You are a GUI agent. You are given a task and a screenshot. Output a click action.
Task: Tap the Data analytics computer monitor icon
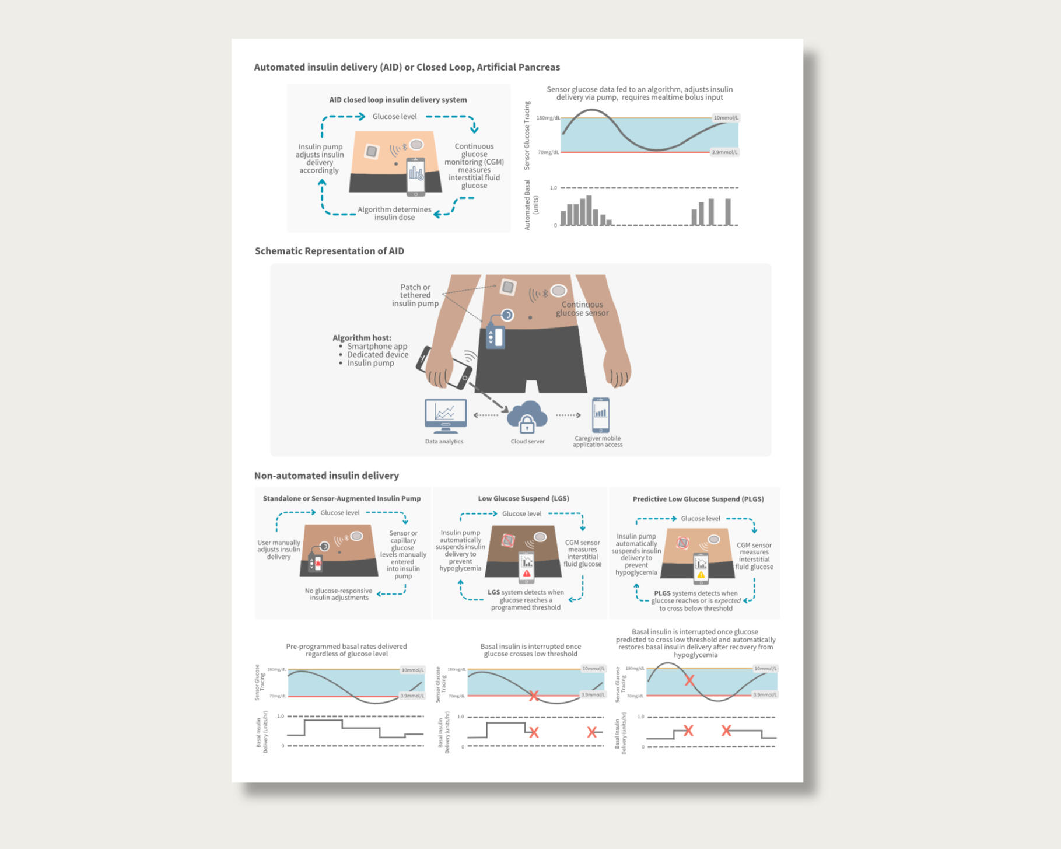pyautogui.click(x=446, y=414)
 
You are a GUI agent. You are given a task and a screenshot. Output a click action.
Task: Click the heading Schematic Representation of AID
pyautogui.click(x=329, y=251)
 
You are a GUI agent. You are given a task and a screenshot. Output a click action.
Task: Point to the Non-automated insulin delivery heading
pyautogui.click(x=326, y=476)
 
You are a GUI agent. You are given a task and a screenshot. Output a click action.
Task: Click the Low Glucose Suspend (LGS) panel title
pyautogui.click(x=523, y=498)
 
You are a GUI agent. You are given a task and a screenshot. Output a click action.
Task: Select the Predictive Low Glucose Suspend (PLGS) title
pyautogui.click(x=698, y=499)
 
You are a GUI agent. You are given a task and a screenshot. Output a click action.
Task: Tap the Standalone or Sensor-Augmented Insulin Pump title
pyautogui.click(x=341, y=498)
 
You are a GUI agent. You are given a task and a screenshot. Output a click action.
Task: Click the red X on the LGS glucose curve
pyautogui.click(x=533, y=696)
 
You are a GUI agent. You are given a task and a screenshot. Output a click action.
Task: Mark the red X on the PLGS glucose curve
pyautogui.click(x=689, y=680)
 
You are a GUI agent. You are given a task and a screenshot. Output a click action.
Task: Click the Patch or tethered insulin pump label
pyautogui.click(x=415, y=295)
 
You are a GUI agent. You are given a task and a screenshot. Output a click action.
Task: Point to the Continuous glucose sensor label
pyautogui.click(x=582, y=309)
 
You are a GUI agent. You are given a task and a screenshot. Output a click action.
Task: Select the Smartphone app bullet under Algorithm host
pyautogui.click(x=377, y=346)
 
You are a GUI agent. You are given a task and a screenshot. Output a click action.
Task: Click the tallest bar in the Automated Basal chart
pyautogui.click(x=589, y=210)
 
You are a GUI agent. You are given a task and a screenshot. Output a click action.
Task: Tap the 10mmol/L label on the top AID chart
pyautogui.click(x=726, y=117)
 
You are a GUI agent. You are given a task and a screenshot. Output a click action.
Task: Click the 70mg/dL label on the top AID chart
pyautogui.click(x=548, y=152)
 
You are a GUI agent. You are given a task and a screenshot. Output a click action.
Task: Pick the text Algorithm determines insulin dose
pyautogui.click(x=394, y=213)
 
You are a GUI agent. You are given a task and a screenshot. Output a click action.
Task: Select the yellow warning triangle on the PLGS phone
pyautogui.click(x=701, y=575)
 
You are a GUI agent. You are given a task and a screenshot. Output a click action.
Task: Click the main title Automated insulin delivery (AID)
pyautogui.click(x=407, y=67)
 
